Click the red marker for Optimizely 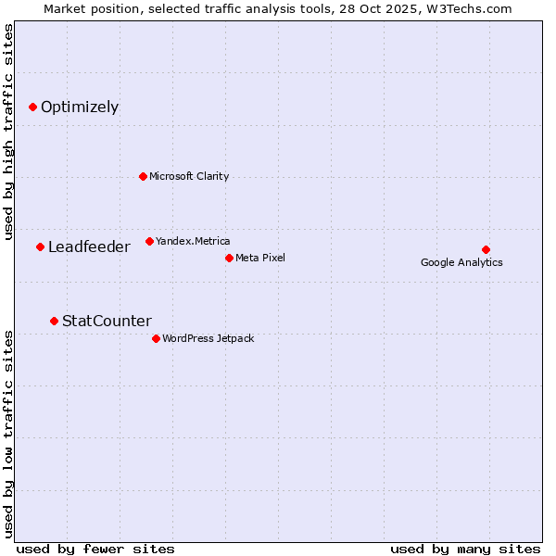32,107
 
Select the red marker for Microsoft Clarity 143,176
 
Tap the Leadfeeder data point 40,246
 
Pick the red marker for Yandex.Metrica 149,241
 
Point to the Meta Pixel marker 229,258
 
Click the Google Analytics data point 486,249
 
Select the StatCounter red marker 54,321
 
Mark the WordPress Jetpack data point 156,338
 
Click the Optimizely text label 80,107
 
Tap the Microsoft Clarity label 189,176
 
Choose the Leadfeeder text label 89,246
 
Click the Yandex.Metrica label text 193,241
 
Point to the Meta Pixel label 260,258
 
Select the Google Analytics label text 461,262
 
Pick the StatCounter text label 107,321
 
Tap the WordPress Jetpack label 208,338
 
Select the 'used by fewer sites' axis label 95,549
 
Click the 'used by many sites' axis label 464,549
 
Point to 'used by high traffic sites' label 8,132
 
